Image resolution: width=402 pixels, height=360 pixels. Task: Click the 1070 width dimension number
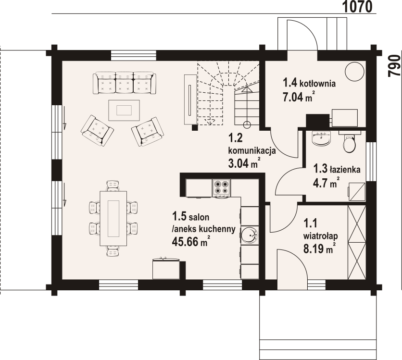coord(357,7)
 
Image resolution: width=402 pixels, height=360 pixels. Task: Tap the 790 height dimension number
coord(394,65)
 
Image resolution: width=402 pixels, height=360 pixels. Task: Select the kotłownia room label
coord(317,84)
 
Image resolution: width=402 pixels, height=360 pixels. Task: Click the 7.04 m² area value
coord(299,97)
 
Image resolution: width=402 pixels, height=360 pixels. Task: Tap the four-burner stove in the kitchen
coord(222,188)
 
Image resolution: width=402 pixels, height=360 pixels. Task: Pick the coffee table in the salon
coord(124,110)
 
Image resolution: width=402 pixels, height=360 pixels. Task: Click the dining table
coord(113,218)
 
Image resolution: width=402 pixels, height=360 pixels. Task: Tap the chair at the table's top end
coord(113,186)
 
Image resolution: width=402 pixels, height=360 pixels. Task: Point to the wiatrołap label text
coord(320,236)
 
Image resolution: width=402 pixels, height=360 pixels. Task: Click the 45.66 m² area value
coord(191,241)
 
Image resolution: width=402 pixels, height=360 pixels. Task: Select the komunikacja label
coord(252,150)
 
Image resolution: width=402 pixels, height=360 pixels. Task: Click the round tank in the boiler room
coord(354,72)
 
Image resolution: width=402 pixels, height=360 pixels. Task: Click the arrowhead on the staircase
coord(246,89)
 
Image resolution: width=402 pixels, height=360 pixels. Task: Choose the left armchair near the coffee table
coord(97,131)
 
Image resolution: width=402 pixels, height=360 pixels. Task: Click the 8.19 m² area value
coord(319,248)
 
